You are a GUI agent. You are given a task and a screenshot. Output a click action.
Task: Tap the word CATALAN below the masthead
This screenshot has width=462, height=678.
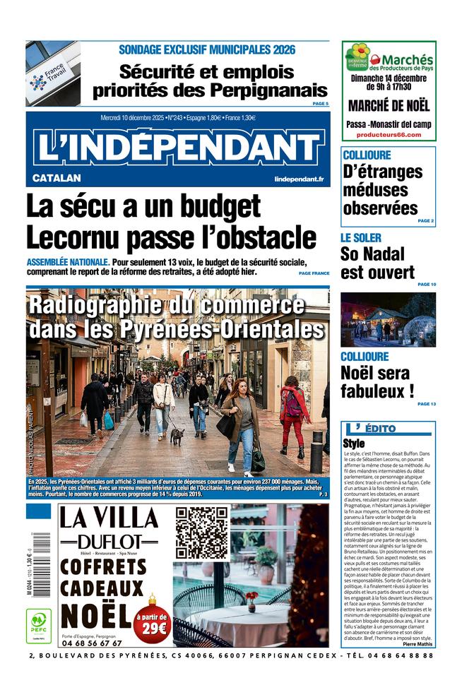pyautogui.click(x=57, y=178)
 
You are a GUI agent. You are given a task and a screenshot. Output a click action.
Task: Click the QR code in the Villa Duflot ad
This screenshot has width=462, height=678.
pyautogui.click(x=201, y=533)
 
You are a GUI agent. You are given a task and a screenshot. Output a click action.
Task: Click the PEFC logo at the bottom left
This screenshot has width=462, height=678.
pyautogui.click(x=38, y=624)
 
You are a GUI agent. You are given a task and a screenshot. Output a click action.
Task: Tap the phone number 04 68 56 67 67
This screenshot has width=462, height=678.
pyautogui.click(x=92, y=643)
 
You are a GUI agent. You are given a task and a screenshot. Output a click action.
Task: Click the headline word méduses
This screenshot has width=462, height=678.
pyautogui.click(x=376, y=190)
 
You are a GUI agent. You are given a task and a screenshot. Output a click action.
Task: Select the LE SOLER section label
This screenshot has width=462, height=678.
pyautogui.click(x=360, y=238)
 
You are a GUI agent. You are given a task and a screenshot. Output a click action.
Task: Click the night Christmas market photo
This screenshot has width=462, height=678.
pyautogui.click(x=388, y=320)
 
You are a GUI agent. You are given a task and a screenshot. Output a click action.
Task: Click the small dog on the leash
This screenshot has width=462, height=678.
pyautogui.click(x=177, y=436)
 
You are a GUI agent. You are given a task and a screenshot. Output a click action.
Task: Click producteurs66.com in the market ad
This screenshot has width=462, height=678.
pyautogui.click(x=388, y=134)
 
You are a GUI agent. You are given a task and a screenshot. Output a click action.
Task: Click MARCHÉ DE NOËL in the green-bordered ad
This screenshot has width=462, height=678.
pyautogui.click(x=389, y=107)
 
